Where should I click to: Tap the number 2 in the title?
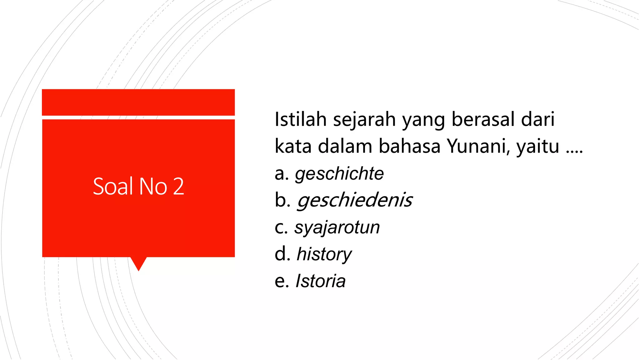point(178,187)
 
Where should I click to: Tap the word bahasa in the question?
point(409,146)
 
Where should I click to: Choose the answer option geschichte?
point(339,174)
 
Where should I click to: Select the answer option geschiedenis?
point(355,200)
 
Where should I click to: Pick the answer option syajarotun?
point(337,227)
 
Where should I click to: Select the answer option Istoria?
point(320,281)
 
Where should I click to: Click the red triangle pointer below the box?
point(138,262)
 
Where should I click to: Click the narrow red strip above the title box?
point(138,102)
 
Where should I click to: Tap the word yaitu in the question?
point(537,146)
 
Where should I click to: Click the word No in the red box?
point(153,187)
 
